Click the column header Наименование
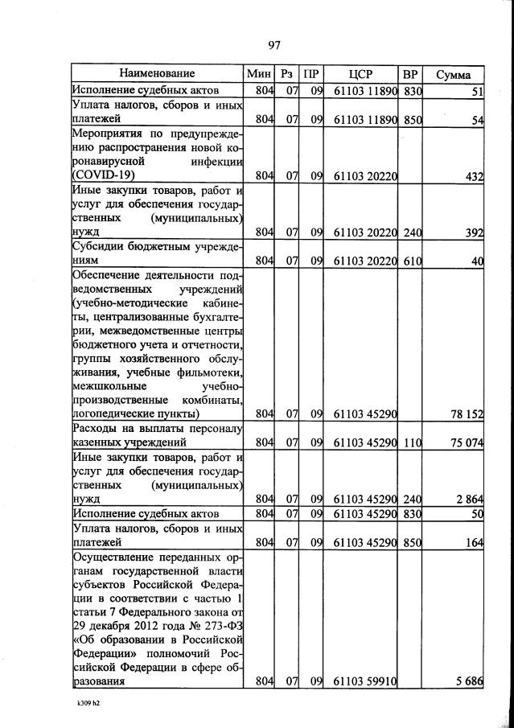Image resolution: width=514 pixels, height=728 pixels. (158, 74)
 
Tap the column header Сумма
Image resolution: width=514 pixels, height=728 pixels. (453, 75)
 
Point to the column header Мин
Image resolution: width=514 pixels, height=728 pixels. (260, 74)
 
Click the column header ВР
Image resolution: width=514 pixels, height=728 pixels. (411, 74)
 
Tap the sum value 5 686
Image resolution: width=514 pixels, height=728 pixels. (468, 681)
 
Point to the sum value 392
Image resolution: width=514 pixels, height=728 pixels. (472, 233)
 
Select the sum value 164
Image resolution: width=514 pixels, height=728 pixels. (472, 543)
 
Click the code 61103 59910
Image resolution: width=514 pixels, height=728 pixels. (365, 682)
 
